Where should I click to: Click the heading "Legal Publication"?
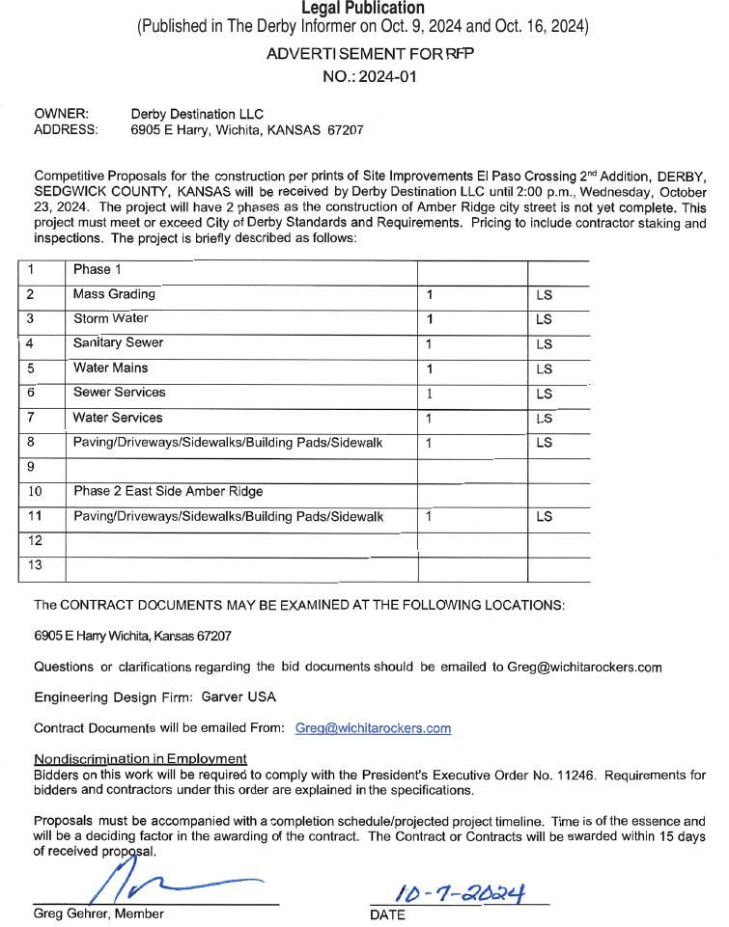tap(362, 9)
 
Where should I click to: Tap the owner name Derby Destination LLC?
tap(197, 114)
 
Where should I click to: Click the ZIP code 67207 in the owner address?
tap(345, 129)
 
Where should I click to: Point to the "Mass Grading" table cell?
tap(114, 294)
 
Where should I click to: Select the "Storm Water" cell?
tap(111, 318)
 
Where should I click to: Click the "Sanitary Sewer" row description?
tap(118, 343)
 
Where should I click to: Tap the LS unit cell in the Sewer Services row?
tap(544, 394)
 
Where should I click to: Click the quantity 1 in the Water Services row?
tap(429, 419)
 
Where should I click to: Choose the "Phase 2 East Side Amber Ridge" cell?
tap(168, 492)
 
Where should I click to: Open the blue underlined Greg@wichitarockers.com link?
tap(373, 728)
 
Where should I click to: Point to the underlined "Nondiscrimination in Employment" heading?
tap(140, 759)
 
